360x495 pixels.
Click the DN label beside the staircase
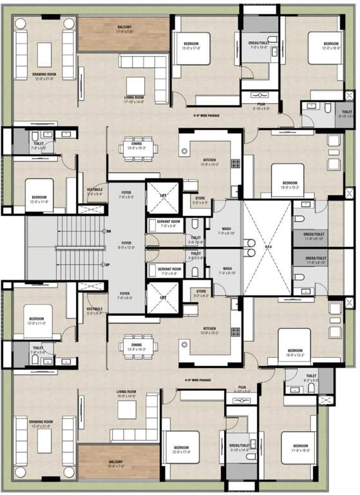click(109, 231)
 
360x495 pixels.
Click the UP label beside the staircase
click(109, 265)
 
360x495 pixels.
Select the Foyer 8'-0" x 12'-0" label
click(126, 245)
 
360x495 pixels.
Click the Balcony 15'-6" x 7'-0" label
click(118, 463)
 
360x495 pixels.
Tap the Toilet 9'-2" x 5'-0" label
click(312, 378)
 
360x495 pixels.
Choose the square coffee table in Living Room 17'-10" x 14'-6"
click(135, 86)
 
